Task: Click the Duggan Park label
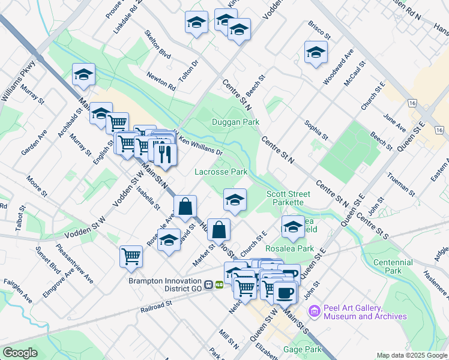tap(235, 122)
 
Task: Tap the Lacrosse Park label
tap(221, 172)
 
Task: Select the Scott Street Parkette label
tap(288, 198)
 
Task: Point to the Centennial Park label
tap(393, 266)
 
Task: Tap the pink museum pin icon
tap(313, 311)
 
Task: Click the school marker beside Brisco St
tap(315, 52)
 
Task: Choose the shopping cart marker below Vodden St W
tap(130, 256)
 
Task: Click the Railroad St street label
tap(157, 304)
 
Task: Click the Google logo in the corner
tap(20, 353)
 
